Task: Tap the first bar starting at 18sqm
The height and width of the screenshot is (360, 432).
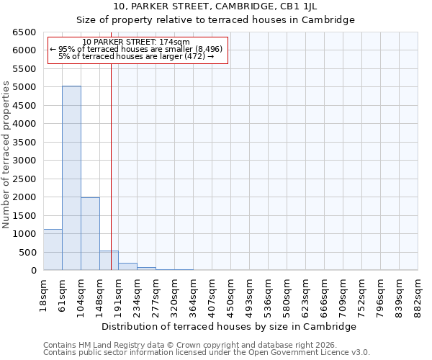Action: tap(53, 250)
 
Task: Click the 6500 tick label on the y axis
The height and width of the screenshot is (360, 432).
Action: tap(23, 32)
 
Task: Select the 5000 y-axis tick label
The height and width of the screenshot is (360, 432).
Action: tap(23, 87)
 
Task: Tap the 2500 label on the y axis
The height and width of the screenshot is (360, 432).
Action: tap(23, 179)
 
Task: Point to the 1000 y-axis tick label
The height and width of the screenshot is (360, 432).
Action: tap(23, 234)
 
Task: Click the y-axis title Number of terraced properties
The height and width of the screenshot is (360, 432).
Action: tap(6, 155)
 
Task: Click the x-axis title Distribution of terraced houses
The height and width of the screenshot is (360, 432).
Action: tap(234, 326)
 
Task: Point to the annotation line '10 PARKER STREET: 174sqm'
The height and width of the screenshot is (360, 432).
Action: tap(136, 42)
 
